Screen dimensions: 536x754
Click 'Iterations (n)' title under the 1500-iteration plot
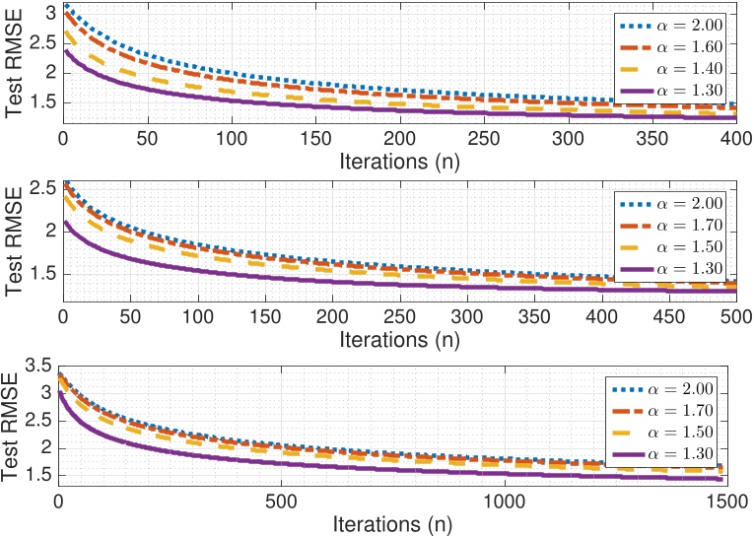click(x=392, y=523)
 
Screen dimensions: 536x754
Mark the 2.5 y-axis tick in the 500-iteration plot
click(x=42, y=187)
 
